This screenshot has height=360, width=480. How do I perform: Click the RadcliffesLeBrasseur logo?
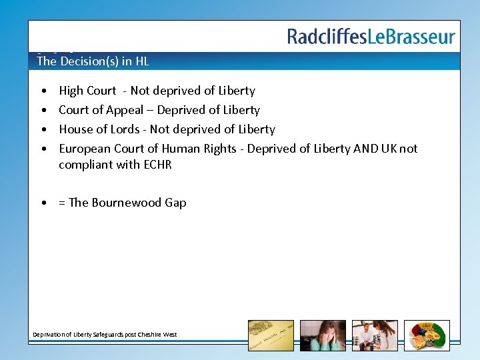371,36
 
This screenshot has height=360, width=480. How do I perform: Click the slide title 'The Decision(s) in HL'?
93,61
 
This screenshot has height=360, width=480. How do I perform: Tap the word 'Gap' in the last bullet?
175,203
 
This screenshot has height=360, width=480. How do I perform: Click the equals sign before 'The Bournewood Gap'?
62,203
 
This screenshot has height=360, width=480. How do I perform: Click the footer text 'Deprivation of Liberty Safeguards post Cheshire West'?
105,334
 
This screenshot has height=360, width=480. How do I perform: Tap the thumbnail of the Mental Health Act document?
271,335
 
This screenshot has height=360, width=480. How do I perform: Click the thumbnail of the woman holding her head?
323,335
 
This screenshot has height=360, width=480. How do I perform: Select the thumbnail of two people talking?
375,335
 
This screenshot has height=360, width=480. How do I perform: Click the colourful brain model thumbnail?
427,335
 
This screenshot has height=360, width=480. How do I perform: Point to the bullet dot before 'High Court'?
43,91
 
